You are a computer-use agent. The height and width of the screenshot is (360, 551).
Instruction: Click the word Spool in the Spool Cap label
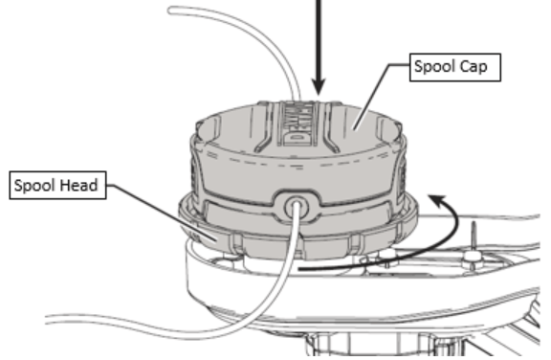430,70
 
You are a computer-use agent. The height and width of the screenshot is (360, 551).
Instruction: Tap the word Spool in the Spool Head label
38,185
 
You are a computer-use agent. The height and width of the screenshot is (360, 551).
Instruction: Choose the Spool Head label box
55,185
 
